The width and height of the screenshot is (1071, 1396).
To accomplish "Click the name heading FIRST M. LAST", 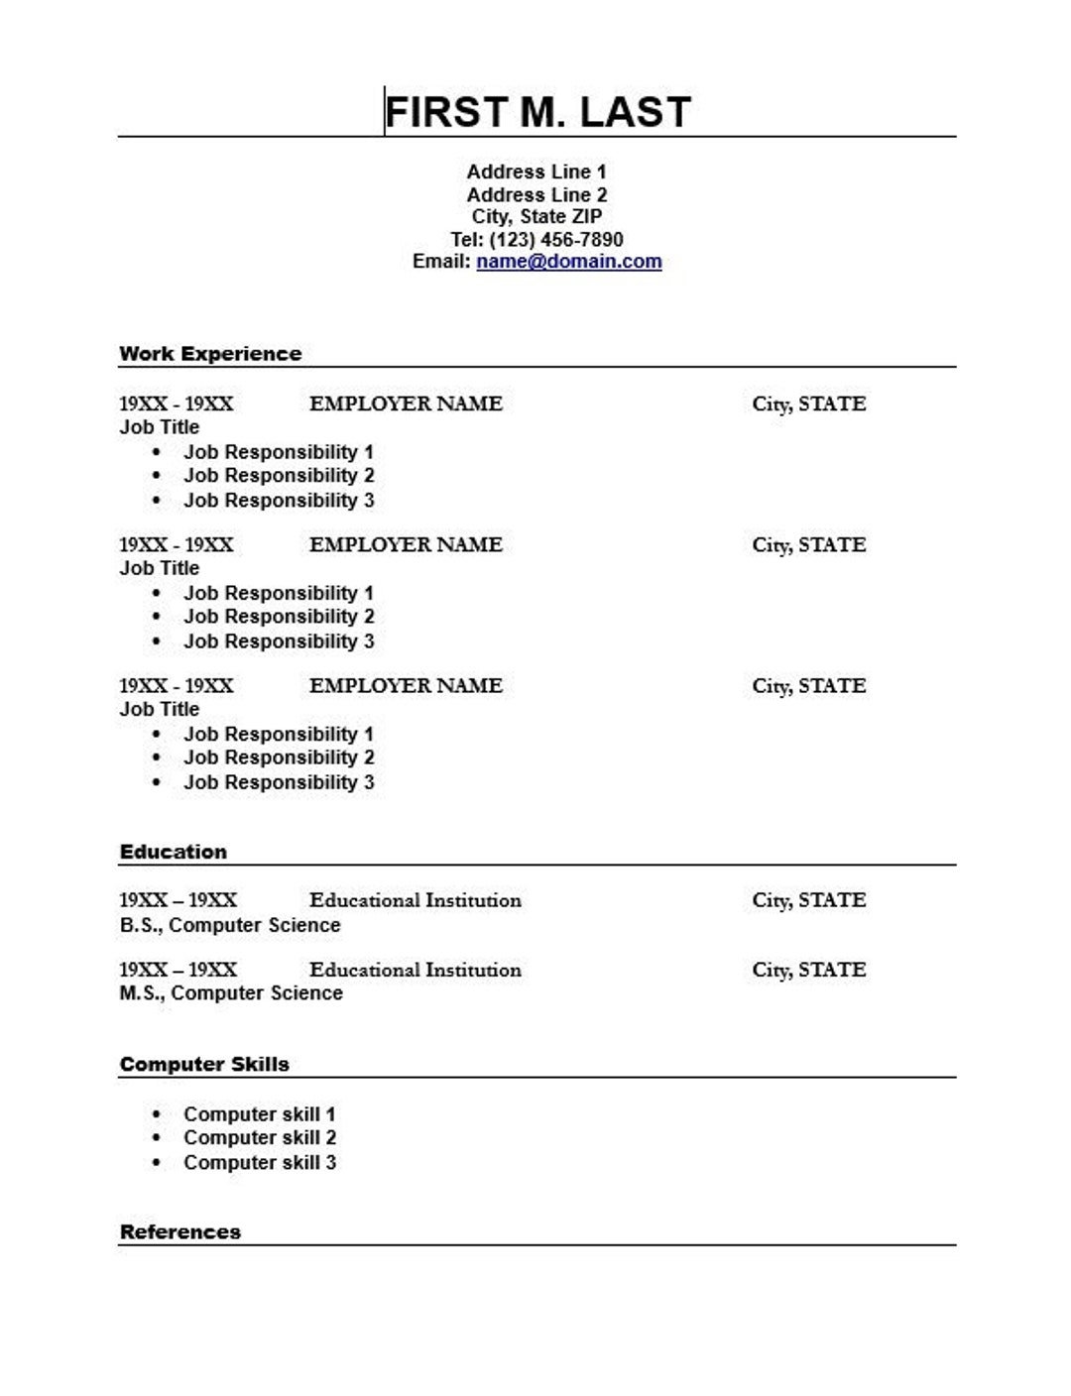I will point(536,112).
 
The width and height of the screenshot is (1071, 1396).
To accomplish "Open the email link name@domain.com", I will point(568,262).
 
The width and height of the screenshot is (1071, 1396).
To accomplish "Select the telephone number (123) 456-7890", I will point(556,240).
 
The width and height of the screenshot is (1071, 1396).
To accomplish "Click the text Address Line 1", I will point(536,172).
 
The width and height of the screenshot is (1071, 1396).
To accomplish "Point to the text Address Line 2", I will point(536,195).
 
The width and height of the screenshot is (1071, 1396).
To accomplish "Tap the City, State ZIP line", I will point(536,217).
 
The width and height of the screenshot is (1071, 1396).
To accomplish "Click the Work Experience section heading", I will point(210,354).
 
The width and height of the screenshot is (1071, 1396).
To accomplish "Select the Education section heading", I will point(174,852).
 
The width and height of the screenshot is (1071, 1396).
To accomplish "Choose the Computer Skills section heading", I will point(204,1065).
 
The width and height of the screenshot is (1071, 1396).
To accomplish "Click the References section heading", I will point(180,1232).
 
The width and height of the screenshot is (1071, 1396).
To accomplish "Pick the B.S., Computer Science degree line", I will point(230,925).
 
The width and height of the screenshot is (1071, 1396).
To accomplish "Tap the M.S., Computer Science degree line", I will point(231,993).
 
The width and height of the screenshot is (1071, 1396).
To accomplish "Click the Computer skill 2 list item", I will point(260,1138).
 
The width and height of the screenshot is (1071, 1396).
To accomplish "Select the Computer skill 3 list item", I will point(260,1163).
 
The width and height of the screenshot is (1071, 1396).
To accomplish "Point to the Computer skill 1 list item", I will point(260,1114).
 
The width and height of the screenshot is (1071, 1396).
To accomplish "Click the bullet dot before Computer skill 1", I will point(156,1114).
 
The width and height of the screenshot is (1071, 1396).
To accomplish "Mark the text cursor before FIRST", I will point(385,111).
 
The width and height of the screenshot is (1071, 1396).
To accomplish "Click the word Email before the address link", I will point(440,262).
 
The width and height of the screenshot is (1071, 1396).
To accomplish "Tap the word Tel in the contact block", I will point(465,240).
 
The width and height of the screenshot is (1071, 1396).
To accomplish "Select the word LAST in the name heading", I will point(635,112).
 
